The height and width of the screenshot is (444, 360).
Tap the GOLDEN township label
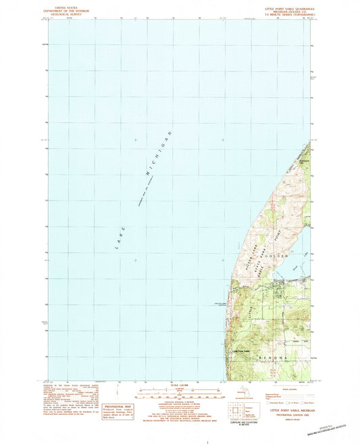coord(280,256)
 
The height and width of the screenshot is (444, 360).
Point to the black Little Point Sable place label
coord(241,350)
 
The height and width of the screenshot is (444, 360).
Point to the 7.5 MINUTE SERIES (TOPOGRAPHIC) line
coord(284,15)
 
